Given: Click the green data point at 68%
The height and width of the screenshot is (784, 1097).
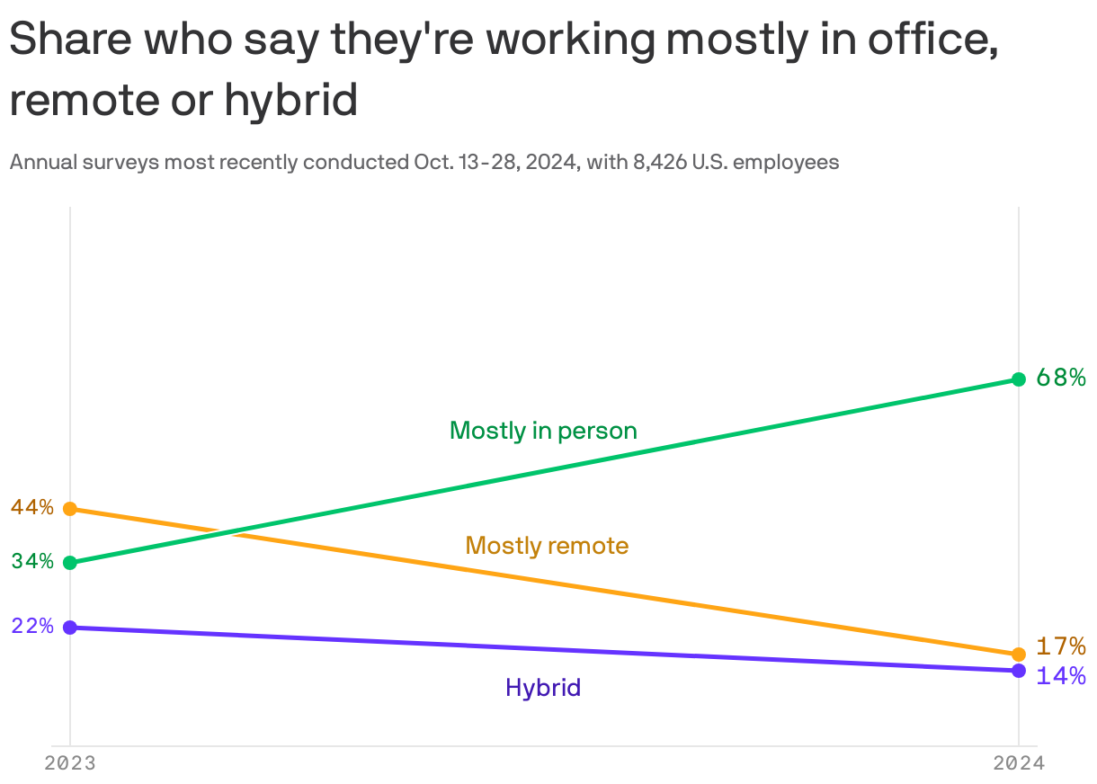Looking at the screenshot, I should (1018, 379).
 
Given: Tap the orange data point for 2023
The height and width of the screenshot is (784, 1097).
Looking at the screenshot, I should (70, 509).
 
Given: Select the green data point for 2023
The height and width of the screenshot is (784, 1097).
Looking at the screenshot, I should (70, 563).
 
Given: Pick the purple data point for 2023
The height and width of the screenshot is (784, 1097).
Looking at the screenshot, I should (70, 627).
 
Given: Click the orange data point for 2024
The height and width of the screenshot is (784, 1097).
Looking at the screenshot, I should (1018, 654).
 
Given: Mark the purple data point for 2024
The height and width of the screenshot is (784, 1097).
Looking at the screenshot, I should (1018, 671).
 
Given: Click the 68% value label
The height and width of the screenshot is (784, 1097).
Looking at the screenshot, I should (1060, 378).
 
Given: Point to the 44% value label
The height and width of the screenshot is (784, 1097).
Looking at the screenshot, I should (32, 507).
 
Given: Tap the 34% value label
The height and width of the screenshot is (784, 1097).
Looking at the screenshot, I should (32, 562).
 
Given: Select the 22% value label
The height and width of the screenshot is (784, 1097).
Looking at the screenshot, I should (32, 626).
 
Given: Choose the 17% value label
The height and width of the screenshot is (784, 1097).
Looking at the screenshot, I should (1060, 646).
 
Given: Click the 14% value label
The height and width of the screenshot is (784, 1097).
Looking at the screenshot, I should (1060, 676).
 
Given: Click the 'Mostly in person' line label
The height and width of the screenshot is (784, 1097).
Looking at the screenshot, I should (543, 431).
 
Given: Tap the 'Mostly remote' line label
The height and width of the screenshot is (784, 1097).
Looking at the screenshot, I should (547, 546).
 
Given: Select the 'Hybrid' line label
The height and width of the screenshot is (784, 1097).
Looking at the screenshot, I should (543, 688).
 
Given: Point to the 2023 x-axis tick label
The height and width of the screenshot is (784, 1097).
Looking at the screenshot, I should (70, 763).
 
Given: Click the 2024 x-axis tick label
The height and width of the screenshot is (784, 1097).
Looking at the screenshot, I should (1018, 763).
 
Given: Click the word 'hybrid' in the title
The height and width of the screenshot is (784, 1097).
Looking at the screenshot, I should (291, 101).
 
